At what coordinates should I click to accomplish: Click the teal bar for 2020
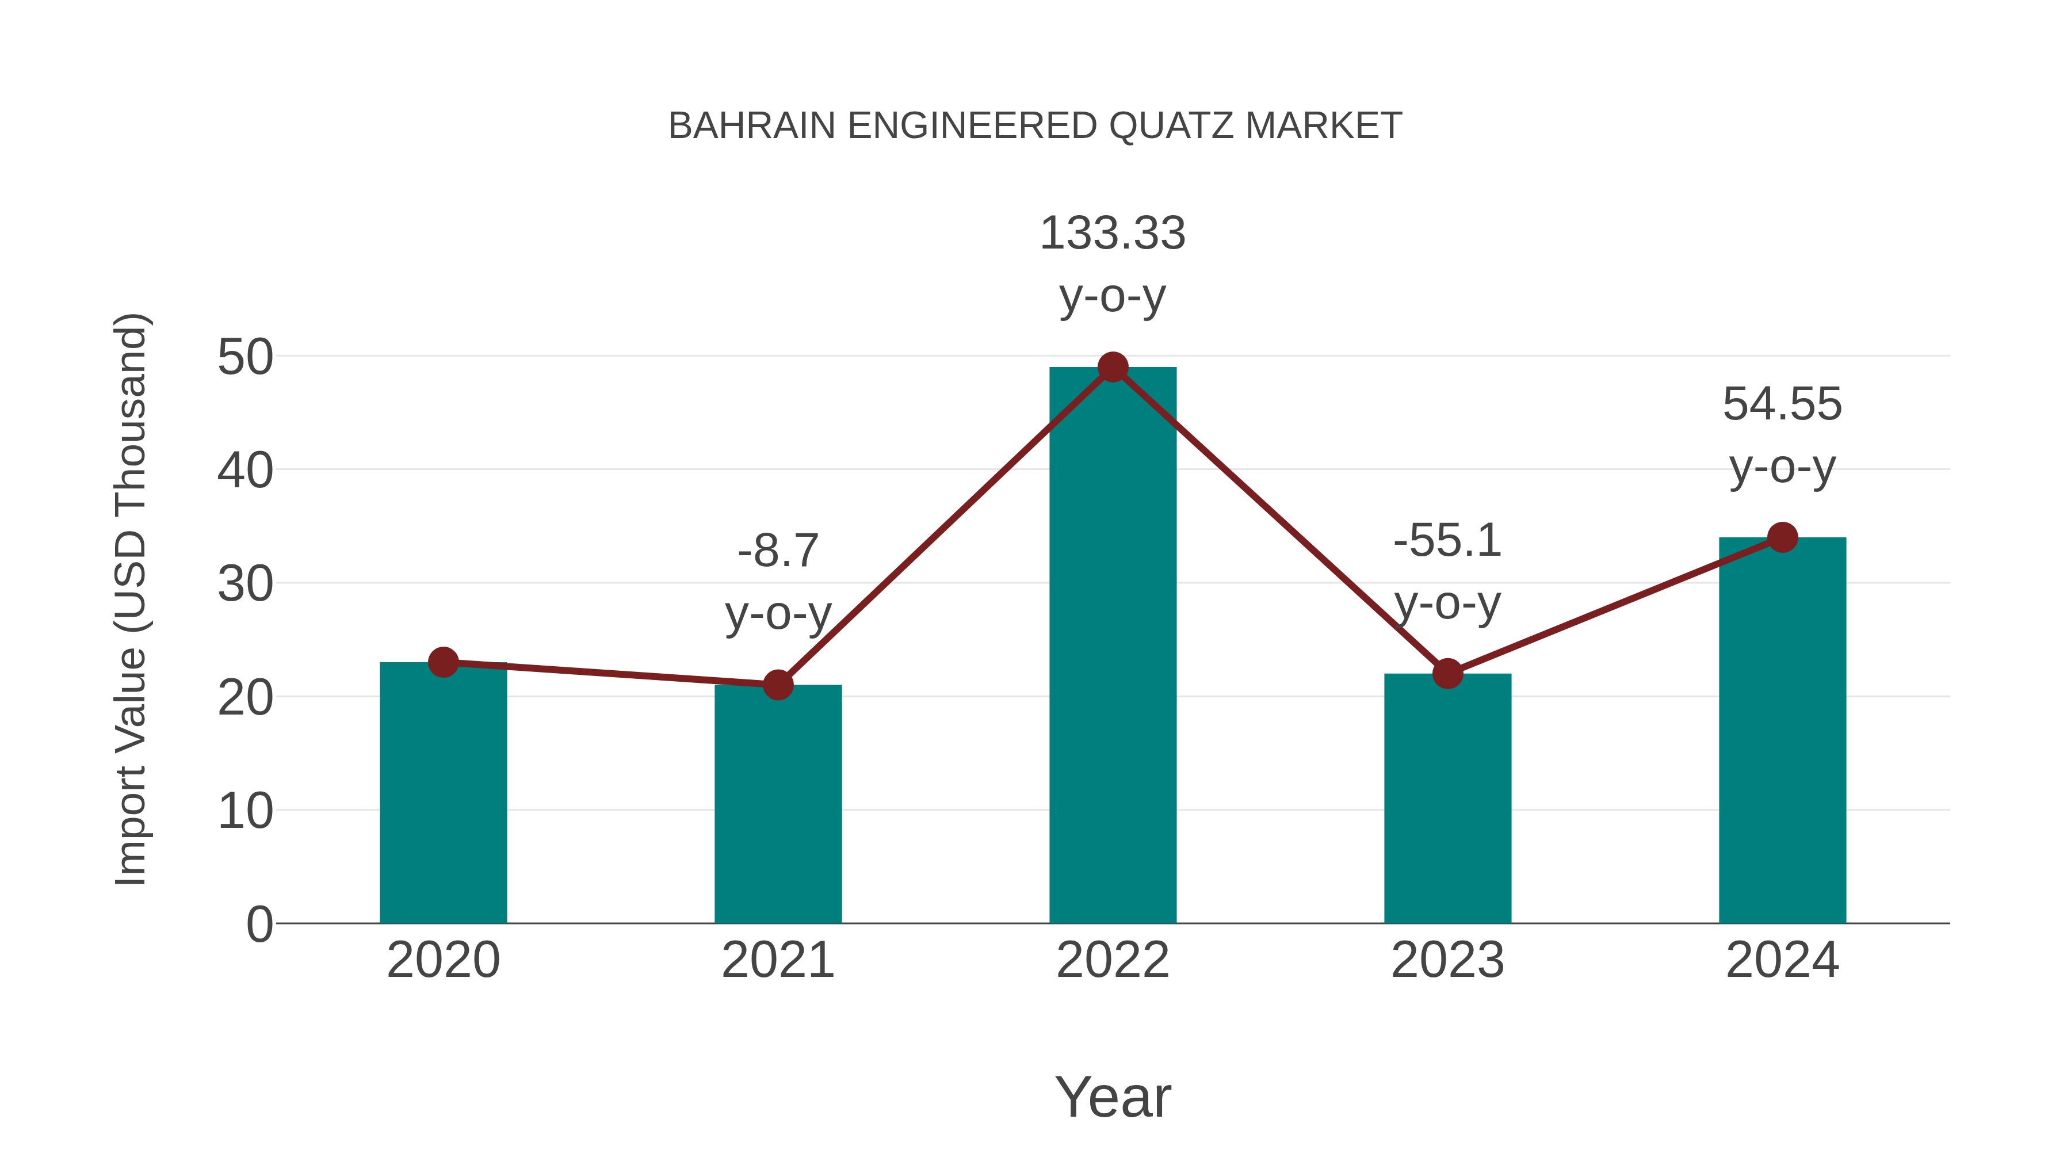(443, 796)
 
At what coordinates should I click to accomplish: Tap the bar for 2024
(1782, 732)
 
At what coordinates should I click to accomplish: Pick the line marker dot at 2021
(777, 685)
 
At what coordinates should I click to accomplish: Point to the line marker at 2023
(1447, 673)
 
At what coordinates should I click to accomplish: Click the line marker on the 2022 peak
(1113, 368)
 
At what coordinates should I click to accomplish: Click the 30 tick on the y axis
(245, 585)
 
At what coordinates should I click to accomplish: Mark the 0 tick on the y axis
(259, 925)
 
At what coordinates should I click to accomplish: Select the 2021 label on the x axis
(777, 960)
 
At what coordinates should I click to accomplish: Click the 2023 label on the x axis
(1447, 960)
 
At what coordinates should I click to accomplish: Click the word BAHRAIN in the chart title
(752, 126)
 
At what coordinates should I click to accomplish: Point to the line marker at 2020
(443, 663)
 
